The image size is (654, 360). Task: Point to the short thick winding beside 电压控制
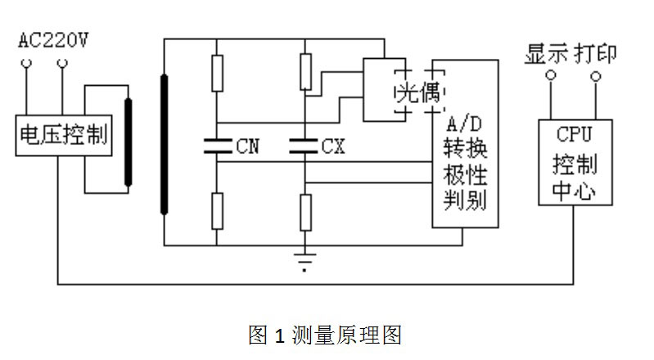pyautogui.click(x=128, y=145)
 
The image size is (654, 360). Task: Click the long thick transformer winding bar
pyautogui.click(x=165, y=143)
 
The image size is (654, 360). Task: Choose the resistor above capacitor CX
pyautogui.click(x=304, y=71)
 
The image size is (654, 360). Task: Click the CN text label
pyautogui.click(x=247, y=147)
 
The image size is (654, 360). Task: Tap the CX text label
pyautogui.click(x=333, y=147)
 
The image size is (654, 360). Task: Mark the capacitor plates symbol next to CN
pyautogui.click(x=216, y=146)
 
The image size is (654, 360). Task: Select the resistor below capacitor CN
pyautogui.click(x=216, y=211)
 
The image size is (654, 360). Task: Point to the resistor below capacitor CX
pyautogui.click(x=304, y=213)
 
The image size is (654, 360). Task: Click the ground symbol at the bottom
pyautogui.click(x=304, y=263)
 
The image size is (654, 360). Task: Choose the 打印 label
pyautogui.click(x=595, y=54)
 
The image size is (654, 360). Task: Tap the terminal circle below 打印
pyautogui.click(x=596, y=77)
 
